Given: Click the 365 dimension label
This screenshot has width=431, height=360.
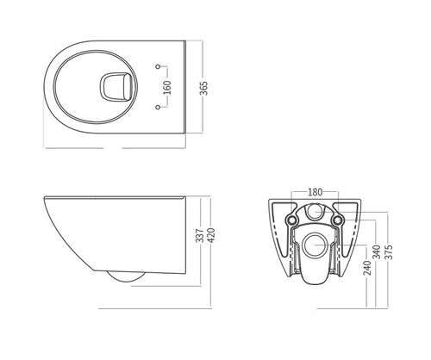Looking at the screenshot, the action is click(203, 88).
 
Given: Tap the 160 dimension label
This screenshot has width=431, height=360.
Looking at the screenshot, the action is click(167, 88).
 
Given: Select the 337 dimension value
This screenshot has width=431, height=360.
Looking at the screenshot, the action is click(200, 235).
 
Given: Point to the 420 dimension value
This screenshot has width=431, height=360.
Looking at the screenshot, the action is click(211, 235).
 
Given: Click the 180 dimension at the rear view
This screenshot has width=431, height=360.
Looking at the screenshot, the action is click(315, 192).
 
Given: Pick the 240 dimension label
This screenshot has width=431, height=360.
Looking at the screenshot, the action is click(367, 268).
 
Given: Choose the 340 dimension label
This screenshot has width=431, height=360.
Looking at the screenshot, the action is click(377, 251).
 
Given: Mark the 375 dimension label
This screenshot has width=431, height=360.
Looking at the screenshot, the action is click(389, 251).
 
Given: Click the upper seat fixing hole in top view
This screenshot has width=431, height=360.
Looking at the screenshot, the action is click(158, 66).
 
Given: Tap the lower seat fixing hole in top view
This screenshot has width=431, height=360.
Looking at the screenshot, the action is click(157, 107).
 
